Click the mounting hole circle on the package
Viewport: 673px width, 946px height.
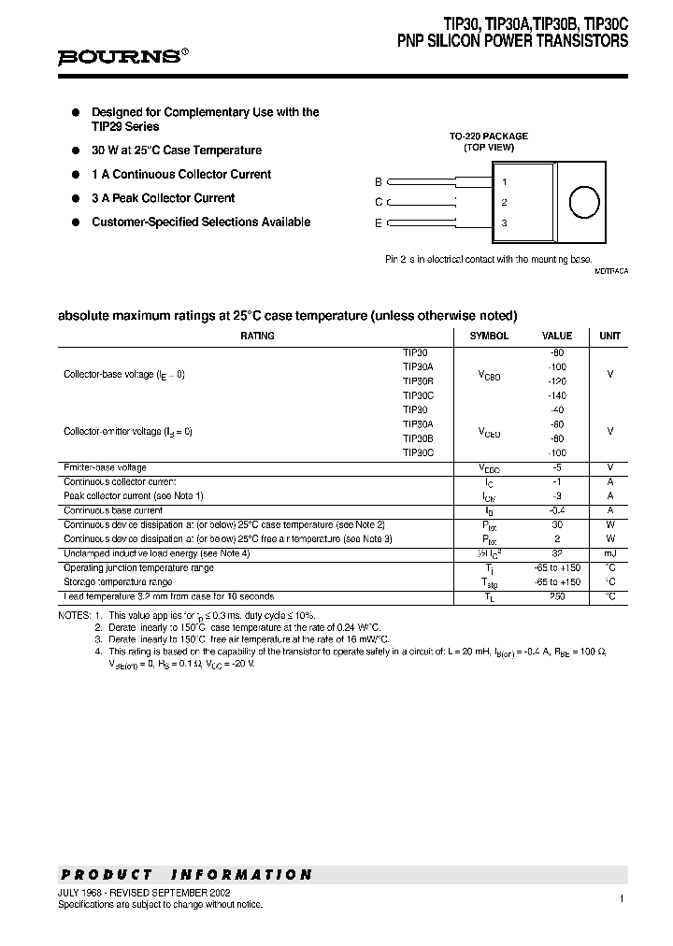pos(584,202)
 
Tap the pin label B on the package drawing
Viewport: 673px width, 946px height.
pos(379,182)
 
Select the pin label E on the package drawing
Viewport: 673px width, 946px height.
pos(379,222)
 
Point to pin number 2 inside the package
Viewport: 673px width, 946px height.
pos(505,202)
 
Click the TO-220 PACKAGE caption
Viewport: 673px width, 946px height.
pos(489,136)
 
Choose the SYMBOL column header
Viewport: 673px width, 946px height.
pos(489,336)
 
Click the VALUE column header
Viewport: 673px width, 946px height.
pos(557,336)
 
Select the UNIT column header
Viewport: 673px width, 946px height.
pos(609,336)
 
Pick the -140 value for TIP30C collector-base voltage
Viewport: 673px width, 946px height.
pos(558,395)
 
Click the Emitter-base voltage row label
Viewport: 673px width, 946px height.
pos(105,467)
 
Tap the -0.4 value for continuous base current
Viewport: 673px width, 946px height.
pos(558,510)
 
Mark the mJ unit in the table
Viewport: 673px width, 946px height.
pos(609,553)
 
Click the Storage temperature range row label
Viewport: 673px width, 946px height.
pos(118,581)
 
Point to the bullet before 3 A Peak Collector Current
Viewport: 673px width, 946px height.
pos(77,198)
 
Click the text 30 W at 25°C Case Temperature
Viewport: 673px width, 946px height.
pos(177,150)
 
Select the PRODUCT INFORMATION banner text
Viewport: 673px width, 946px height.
pos(186,875)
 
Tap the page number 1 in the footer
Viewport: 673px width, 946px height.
pos(622,898)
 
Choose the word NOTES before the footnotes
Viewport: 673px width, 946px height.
pos(74,615)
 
